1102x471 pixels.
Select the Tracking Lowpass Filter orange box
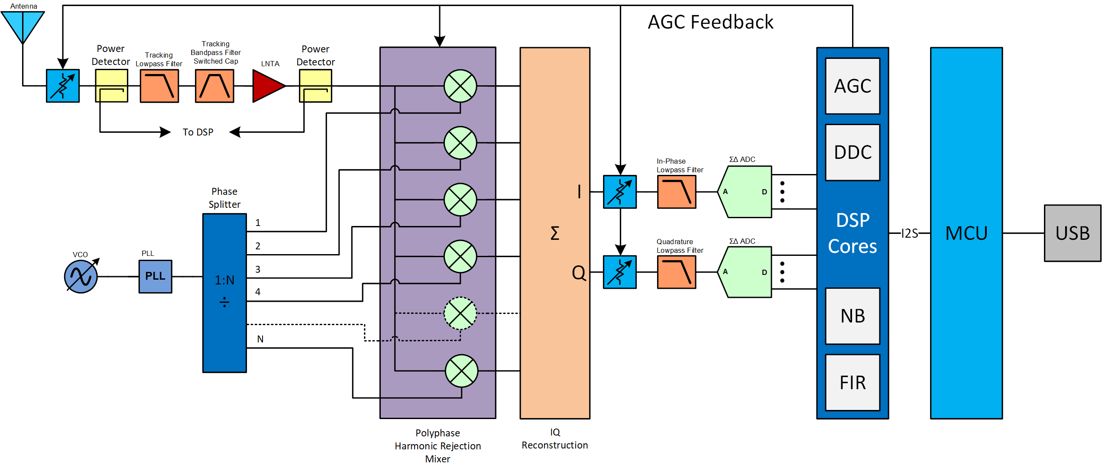(x=159, y=86)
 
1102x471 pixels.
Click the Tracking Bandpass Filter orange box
(x=214, y=86)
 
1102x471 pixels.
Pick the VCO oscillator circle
(x=81, y=276)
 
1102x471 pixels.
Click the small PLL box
(x=155, y=276)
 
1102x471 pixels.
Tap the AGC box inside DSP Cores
(x=852, y=86)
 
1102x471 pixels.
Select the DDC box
(x=852, y=152)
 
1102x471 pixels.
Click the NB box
(x=852, y=316)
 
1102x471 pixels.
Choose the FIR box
(x=852, y=383)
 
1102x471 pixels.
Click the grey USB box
(x=1072, y=233)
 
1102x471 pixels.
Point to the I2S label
(x=909, y=233)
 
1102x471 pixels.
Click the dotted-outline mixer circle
(x=460, y=313)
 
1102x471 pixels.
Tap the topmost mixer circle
(x=460, y=86)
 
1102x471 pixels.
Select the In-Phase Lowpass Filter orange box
(x=676, y=192)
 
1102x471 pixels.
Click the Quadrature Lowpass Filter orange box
(x=676, y=272)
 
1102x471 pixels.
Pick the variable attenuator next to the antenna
(x=63, y=86)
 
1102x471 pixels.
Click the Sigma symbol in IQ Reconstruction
(x=554, y=233)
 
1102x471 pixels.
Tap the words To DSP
(x=198, y=132)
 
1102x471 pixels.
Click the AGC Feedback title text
(x=710, y=22)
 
